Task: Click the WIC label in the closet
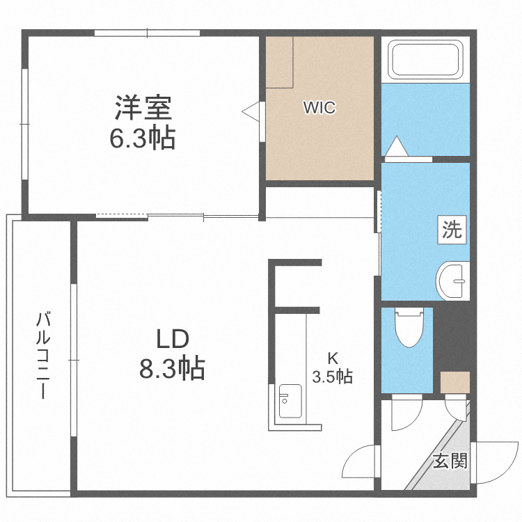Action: coord(319,108)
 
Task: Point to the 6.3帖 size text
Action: coord(142,140)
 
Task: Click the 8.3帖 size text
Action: coord(172,368)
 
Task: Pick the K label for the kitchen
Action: coord(333,359)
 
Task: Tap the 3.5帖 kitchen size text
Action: coord(333,377)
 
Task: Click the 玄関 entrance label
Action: coord(449,461)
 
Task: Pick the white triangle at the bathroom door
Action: coord(395,147)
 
